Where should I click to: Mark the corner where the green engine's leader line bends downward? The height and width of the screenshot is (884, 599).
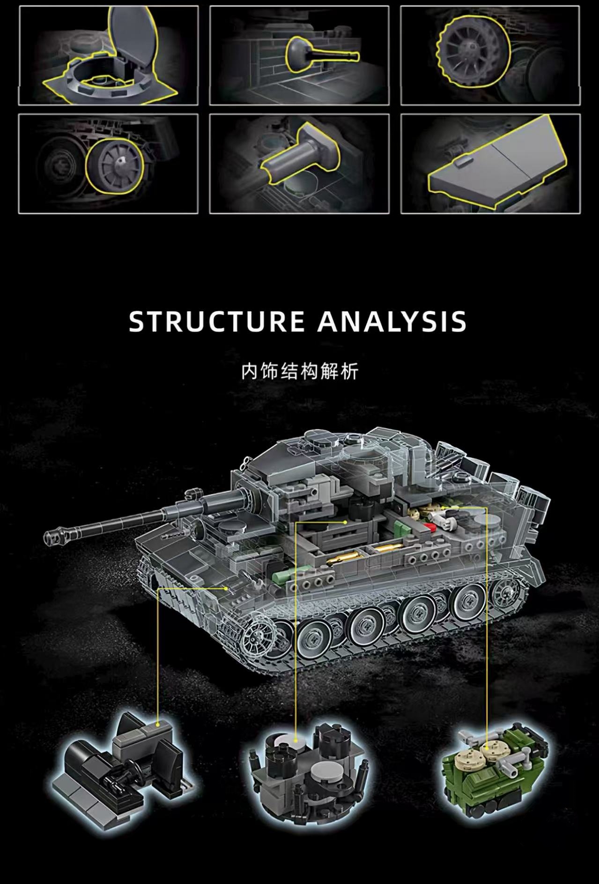click(x=487, y=506)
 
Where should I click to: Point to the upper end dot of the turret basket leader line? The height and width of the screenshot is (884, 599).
click(x=345, y=521)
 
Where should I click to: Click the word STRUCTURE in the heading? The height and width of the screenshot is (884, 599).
click(x=216, y=321)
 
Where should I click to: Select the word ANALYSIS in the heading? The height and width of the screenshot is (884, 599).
click(x=392, y=321)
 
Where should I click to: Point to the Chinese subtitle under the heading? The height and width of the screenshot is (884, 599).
click(x=299, y=371)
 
